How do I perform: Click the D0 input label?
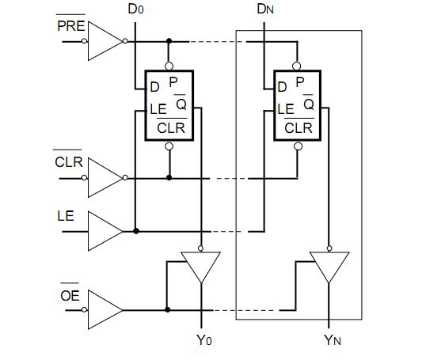tap(136, 10)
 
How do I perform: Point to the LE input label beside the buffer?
tap(66, 215)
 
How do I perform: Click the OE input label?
tap(69, 296)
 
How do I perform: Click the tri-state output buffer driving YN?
tap(329, 266)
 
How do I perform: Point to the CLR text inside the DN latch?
tap(298, 127)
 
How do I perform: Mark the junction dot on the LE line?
tap(136, 231)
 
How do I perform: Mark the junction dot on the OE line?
tap(166, 309)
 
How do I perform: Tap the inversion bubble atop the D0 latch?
tap(169, 66)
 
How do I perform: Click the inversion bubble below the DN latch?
tap(298, 146)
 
